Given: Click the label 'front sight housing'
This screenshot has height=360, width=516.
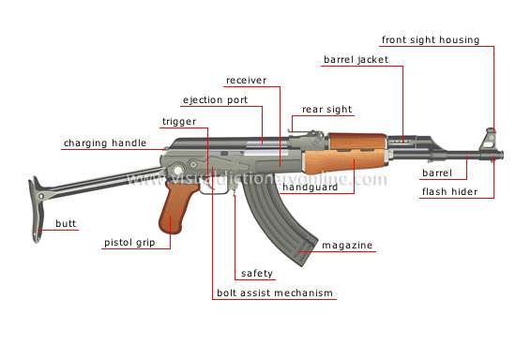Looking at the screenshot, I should pyautogui.click(x=431, y=40).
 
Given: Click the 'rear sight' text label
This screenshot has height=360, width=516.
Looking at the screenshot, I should pyautogui.click(x=326, y=110).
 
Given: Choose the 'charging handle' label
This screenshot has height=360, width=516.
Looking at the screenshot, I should pyautogui.click(x=105, y=143).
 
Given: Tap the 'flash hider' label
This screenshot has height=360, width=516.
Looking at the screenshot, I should pyautogui.click(x=449, y=193).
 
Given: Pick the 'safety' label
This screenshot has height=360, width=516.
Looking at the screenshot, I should pyautogui.click(x=256, y=274).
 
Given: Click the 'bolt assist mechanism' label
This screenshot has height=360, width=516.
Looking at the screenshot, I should pyautogui.click(x=274, y=293).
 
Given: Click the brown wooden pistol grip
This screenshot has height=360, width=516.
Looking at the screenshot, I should pyautogui.click(x=175, y=212).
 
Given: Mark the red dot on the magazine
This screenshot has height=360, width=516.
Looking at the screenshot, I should pyautogui.click(x=298, y=250).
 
